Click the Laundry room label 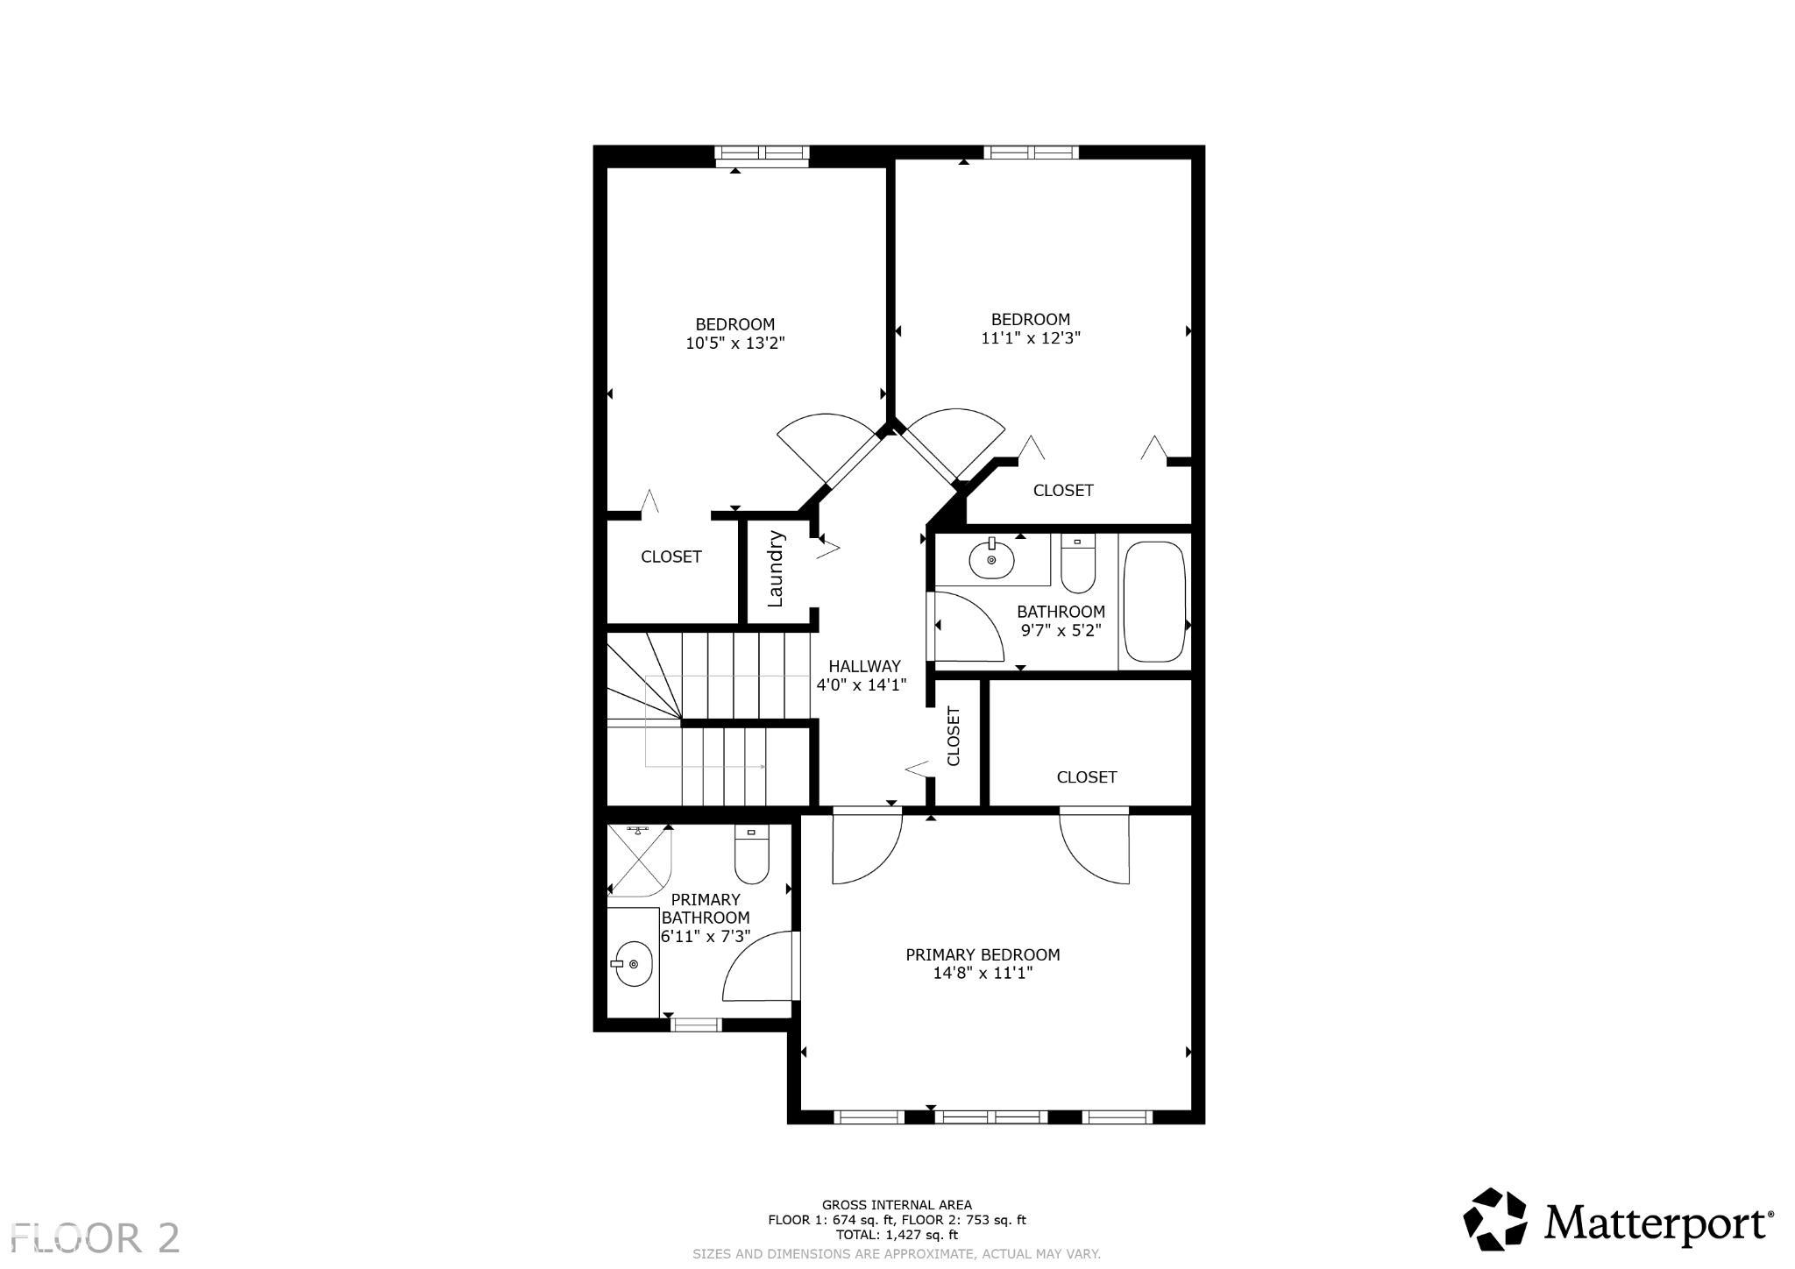click(x=775, y=568)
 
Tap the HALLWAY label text click(x=864, y=666)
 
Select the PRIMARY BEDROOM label click(x=983, y=954)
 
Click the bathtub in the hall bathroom click(x=1155, y=601)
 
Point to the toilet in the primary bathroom click(x=751, y=854)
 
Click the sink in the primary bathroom click(x=632, y=964)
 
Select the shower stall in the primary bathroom click(x=639, y=861)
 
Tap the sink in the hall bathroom click(x=991, y=559)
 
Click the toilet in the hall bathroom click(x=1077, y=564)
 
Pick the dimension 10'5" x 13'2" click(x=734, y=344)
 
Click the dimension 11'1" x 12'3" click(x=1031, y=337)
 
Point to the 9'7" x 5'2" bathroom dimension click(x=1061, y=630)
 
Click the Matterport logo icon click(x=1495, y=1219)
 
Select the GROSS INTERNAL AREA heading click(x=897, y=1205)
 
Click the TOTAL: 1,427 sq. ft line click(x=897, y=1235)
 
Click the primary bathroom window click(x=696, y=1024)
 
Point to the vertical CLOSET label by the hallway click(x=954, y=735)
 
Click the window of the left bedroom click(x=762, y=156)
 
